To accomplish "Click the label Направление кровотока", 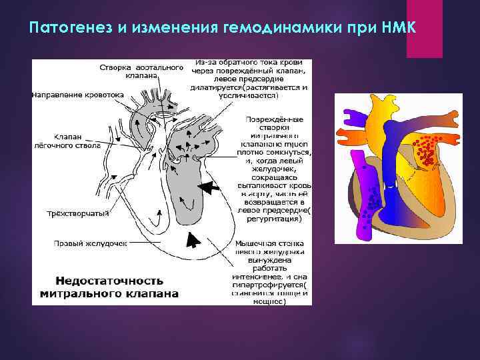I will point(77,95).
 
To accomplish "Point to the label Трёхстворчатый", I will point(73,213).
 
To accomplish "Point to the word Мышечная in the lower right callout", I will point(254,244).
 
